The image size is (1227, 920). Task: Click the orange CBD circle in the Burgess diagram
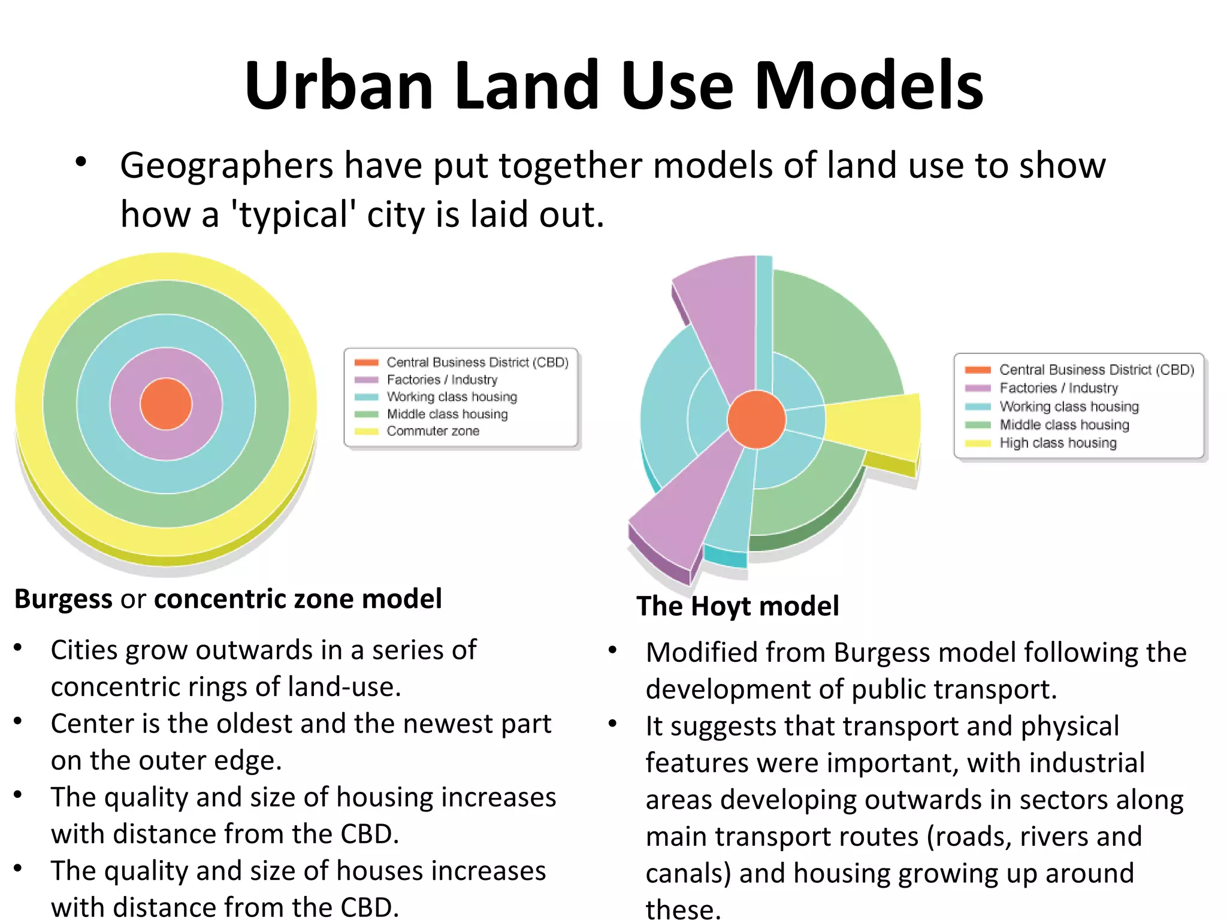pyautogui.click(x=166, y=404)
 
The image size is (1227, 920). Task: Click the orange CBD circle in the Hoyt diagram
pyautogui.click(x=756, y=419)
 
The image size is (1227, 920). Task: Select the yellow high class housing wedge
pyautogui.click(x=875, y=426)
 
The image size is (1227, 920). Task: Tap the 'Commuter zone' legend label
pyautogui.click(x=433, y=431)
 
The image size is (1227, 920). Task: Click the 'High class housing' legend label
pyautogui.click(x=1057, y=443)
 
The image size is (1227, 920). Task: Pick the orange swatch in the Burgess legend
pyautogui.click(x=366, y=362)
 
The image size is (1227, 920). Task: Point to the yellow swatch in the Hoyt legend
pyautogui.click(x=977, y=443)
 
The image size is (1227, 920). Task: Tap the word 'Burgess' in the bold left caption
pyautogui.click(x=64, y=599)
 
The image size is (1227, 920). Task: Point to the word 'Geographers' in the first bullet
pyautogui.click(x=226, y=166)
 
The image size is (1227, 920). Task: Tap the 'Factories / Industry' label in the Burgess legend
pyautogui.click(x=442, y=380)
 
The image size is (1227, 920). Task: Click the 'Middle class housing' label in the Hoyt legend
pyautogui.click(x=1064, y=425)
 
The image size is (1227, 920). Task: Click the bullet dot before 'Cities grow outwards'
pyautogui.click(x=19, y=648)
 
